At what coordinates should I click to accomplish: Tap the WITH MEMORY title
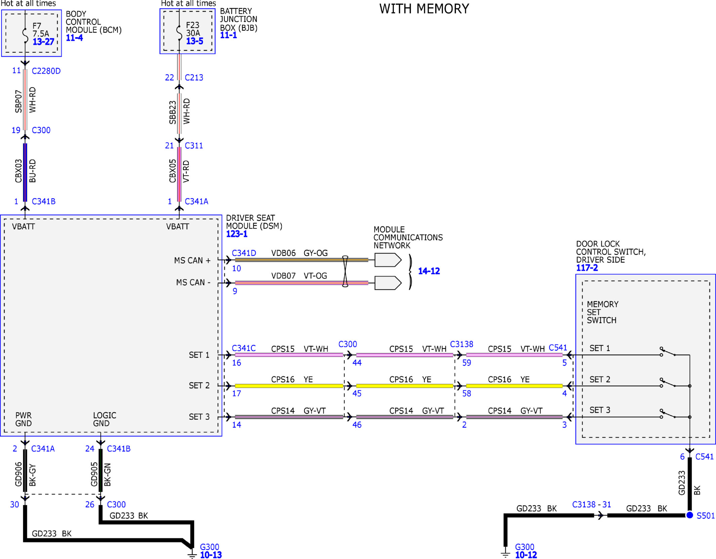coord(424,9)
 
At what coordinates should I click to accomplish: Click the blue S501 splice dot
coord(689,515)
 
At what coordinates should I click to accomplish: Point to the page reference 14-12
coord(429,271)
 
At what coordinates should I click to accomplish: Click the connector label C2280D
coord(46,71)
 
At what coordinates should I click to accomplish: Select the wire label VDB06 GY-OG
coord(299,253)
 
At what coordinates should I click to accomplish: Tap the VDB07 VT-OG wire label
coord(299,276)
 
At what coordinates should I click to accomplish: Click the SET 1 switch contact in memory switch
coord(668,352)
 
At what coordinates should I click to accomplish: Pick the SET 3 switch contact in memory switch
coord(668,414)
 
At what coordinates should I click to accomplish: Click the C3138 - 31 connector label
coord(591,505)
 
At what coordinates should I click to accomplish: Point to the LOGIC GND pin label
coord(105,419)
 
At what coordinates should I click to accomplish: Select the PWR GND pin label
coord(24,419)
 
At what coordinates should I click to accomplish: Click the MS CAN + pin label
coord(192,261)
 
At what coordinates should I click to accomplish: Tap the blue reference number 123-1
coord(237,234)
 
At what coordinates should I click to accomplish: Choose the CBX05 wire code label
coord(172,171)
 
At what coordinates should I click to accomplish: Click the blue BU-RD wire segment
coord(25,173)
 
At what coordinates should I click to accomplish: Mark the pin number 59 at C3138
coord(467,363)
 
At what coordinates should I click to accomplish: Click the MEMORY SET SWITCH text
coord(602,312)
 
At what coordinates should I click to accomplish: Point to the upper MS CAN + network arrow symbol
coord(388,260)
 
